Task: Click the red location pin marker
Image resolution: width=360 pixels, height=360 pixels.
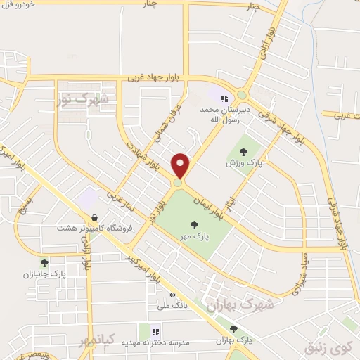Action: (181, 165)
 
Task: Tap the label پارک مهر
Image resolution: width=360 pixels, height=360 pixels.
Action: (194, 238)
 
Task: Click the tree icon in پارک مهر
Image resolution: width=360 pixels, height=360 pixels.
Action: (194, 225)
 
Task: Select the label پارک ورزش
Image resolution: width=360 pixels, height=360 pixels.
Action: (239, 162)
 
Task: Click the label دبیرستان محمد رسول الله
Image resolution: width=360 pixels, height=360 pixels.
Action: (225, 115)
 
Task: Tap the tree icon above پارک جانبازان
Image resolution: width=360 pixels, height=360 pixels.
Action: (44, 263)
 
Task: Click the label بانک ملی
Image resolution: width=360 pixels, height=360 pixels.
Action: (172, 306)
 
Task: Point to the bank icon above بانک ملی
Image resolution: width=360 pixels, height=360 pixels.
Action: (172, 295)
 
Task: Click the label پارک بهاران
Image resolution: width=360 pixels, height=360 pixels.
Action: (233, 340)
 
